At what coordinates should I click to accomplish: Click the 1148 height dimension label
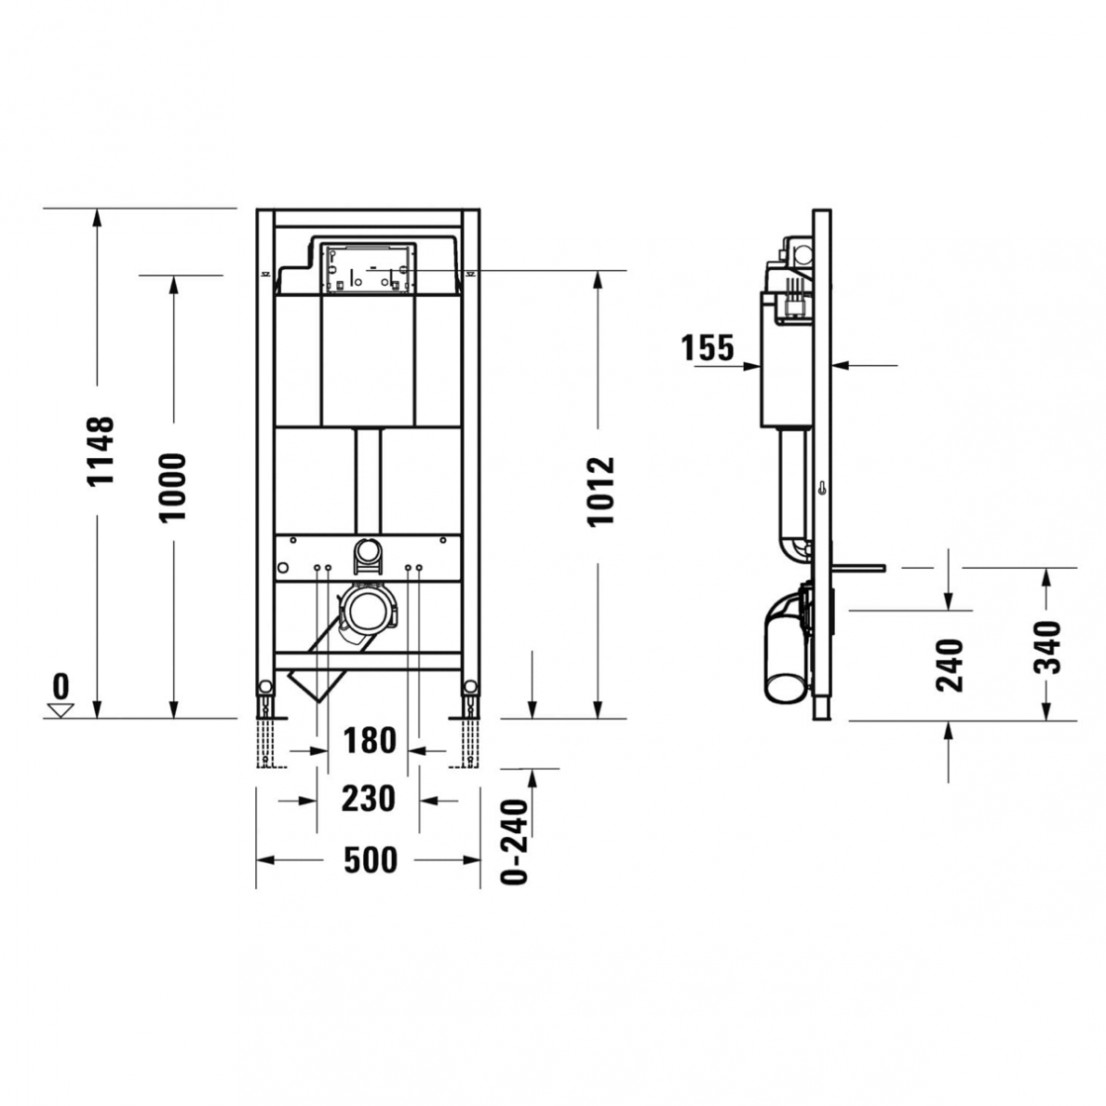(100, 451)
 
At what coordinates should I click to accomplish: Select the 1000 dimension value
(173, 486)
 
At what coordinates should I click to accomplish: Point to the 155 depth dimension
(708, 348)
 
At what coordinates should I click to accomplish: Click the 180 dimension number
(370, 742)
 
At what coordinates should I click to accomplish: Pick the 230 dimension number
(369, 799)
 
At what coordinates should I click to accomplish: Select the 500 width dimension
(370, 861)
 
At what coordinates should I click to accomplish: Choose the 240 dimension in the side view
(949, 664)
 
